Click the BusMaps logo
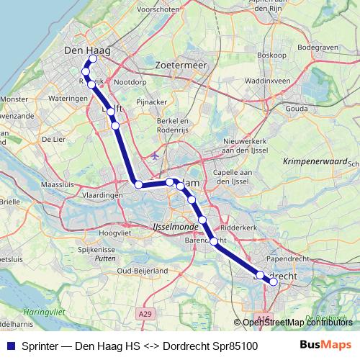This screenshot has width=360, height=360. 327,345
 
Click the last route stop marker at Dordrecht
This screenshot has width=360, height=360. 274,282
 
